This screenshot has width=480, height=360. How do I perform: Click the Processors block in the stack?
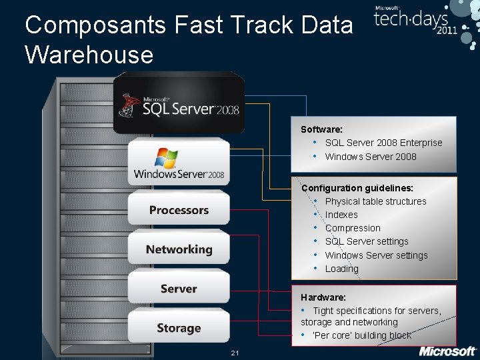pyautogui.click(x=179, y=210)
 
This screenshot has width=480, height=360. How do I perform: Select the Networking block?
pyautogui.click(x=179, y=249)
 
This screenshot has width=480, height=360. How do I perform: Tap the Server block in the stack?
pyautogui.click(x=179, y=289)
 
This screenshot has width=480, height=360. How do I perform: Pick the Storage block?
pyautogui.click(x=179, y=327)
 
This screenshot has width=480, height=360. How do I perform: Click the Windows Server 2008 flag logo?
pyautogui.click(x=166, y=158)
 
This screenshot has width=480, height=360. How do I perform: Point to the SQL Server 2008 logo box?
pyautogui.click(x=179, y=104)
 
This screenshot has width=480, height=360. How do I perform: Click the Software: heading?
pyautogui.click(x=321, y=129)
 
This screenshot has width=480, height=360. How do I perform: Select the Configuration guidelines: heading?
pyautogui.click(x=357, y=188)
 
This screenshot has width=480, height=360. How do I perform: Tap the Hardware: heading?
pyautogui.click(x=323, y=297)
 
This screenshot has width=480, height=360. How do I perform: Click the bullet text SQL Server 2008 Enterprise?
pyautogui.click(x=383, y=143)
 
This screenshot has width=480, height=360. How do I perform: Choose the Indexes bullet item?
pyautogui.click(x=341, y=215)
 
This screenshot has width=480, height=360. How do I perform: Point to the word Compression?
pyautogui.click(x=353, y=228)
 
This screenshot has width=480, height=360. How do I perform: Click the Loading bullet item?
pyautogui.click(x=341, y=269)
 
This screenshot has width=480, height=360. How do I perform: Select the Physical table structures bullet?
pyautogui.click(x=375, y=201)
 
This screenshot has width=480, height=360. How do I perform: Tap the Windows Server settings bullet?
pyautogui.click(x=376, y=255)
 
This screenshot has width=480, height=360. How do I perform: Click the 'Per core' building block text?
pyautogui.click(x=361, y=335)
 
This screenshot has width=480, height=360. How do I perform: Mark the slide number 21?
pyautogui.click(x=235, y=352)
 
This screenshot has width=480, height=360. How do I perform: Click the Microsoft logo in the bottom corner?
pyautogui.click(x=447, y=351)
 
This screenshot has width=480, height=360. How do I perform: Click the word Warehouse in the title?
pyautogui.click(x=89, y=55)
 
